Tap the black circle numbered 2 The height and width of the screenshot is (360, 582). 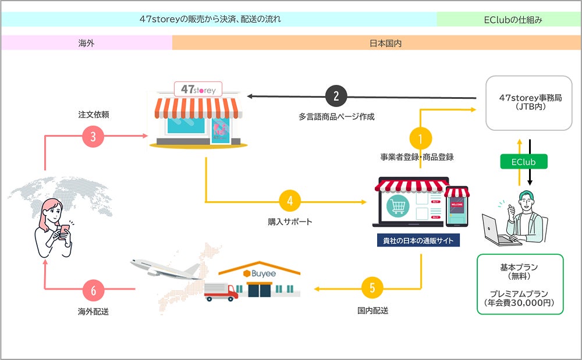coord(336,97)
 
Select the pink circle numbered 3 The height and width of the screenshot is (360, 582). coord(93,136)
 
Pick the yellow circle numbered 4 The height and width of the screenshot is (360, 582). coord(290,202)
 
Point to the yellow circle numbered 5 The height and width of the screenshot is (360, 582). coord(372,288)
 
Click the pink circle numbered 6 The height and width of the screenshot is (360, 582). coord(93,289)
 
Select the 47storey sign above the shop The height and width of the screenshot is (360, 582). coord(198,90)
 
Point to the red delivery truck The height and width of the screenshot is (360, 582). coord(222,290)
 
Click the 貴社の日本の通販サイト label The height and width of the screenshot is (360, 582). coord(417,240)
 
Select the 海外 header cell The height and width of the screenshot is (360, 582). coord(87,43)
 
